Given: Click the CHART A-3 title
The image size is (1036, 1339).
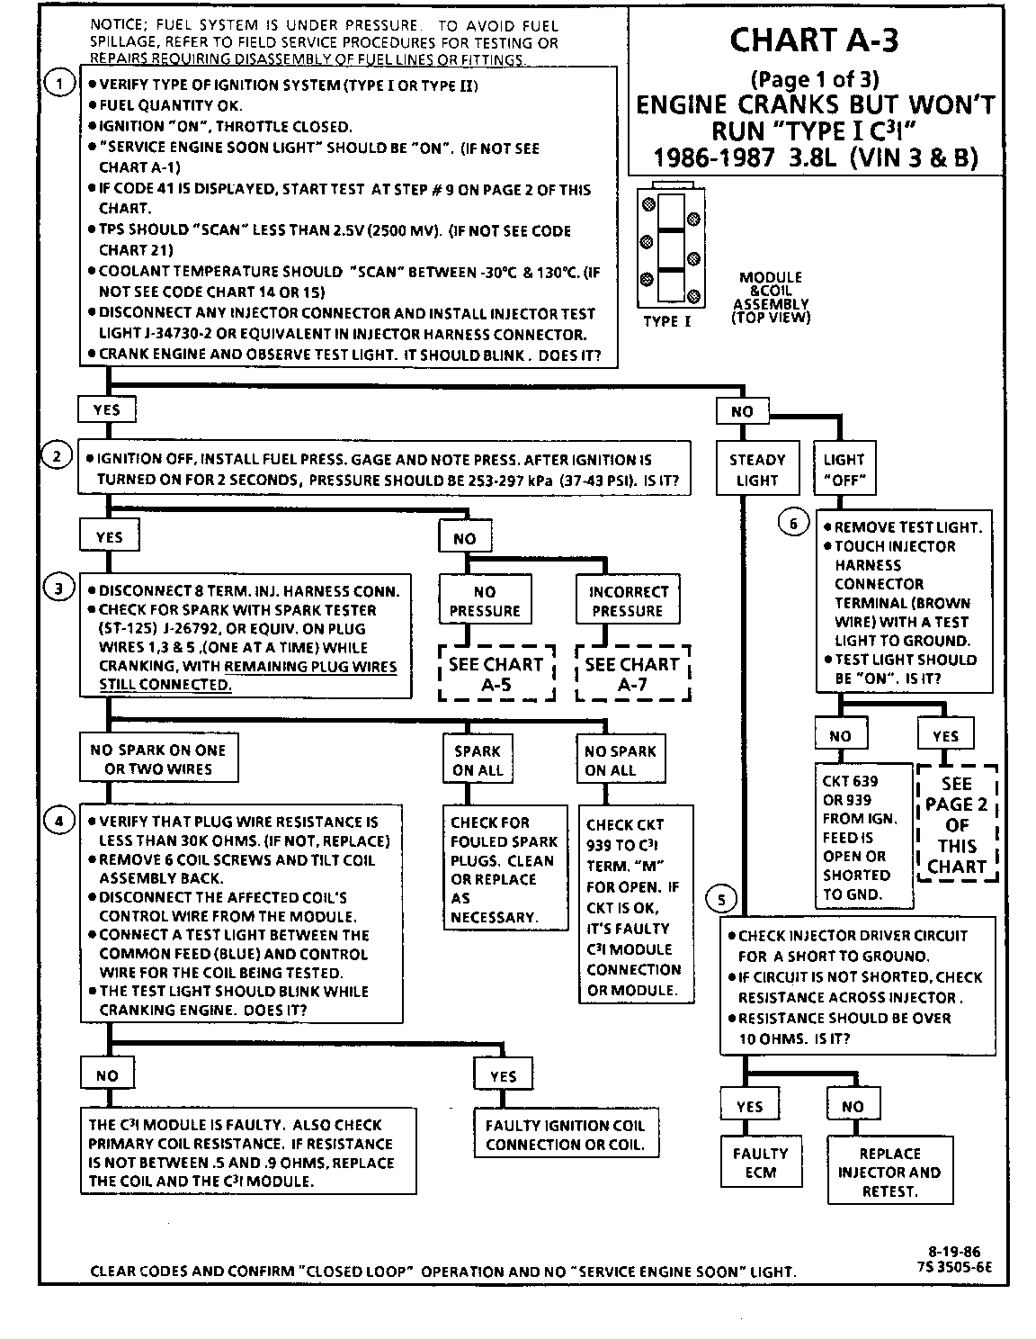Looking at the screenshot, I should click(814, 40).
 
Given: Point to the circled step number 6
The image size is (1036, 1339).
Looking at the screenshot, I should click(793, 524).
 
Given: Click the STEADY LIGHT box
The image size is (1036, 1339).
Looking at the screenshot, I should click(756, 470).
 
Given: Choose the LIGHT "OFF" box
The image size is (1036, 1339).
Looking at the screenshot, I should click(844, 470).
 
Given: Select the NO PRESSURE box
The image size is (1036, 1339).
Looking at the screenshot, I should click(485, 600).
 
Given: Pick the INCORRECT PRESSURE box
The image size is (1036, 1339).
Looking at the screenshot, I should click(629, 600).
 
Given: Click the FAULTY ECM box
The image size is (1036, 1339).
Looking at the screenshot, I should click(760, 1163).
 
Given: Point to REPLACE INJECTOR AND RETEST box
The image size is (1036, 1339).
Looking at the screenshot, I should click(889, 1172).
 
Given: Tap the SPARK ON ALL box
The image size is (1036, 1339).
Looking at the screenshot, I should click(478, 760).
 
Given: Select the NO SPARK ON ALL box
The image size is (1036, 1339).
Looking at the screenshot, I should click(621, 760).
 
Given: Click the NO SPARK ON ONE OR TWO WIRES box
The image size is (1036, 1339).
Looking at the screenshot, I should click(158, 759).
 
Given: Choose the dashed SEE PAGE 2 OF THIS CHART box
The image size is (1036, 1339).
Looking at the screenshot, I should click(957, 824).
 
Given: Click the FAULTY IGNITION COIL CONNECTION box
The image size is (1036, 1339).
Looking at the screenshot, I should click(565, 1135).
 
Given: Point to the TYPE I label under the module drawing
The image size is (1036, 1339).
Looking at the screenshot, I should click(666, 321).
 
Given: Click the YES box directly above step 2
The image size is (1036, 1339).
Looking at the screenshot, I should click(106, 409).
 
